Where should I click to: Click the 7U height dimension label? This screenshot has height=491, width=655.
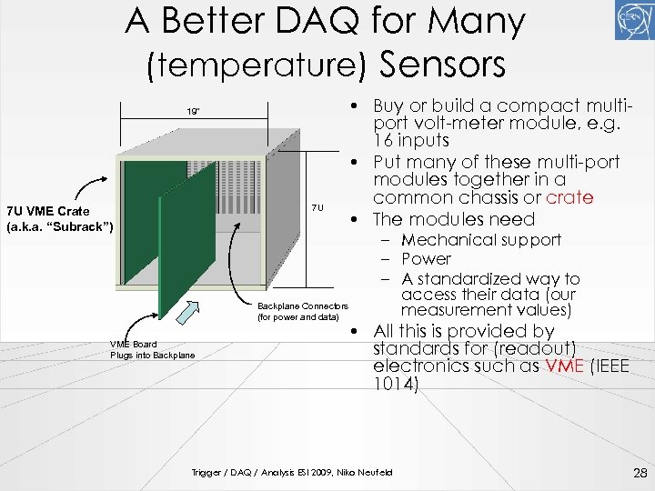tap(317, 207)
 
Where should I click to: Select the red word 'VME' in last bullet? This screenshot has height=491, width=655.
tap(561, 366)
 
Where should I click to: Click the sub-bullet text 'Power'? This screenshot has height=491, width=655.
tap(426, 259)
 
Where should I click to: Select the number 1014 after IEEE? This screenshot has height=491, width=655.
tap(396, 386)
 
